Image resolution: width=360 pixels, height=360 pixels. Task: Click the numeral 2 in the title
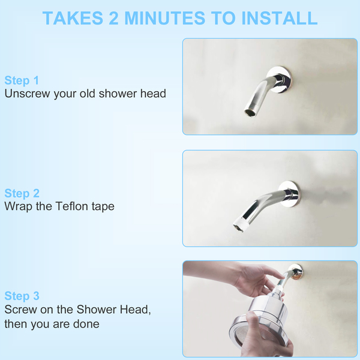(113, 18)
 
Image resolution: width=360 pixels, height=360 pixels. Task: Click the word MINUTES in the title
(164, 18)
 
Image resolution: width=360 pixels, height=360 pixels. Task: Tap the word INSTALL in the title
(280, 18)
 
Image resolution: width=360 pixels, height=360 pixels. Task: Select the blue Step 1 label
(22, 80)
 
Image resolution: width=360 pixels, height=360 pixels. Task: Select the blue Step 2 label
(22, 193)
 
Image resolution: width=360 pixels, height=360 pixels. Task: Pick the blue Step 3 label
(22, 296)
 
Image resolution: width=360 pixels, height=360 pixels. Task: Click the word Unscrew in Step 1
(28, 94)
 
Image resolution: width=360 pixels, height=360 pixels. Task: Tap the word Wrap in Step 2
(18, 206)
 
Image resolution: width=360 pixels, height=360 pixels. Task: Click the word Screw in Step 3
(20, 310)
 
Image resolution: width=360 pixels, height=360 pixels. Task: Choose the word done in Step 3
(86, 324)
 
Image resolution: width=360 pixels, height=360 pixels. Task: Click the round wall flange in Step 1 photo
(279, 80)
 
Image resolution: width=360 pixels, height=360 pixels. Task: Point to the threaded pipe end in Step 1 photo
(251, 110)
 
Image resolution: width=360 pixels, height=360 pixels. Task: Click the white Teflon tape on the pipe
(241, 224)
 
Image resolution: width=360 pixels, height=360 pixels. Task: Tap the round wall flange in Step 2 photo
(289, 194)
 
